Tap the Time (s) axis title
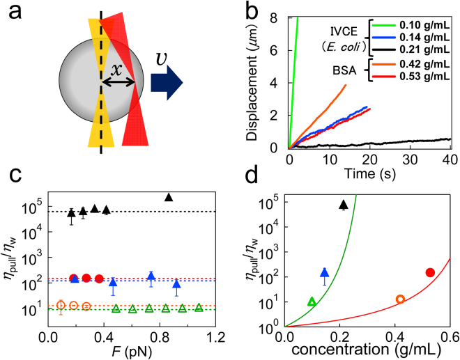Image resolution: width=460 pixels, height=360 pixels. point(369,171)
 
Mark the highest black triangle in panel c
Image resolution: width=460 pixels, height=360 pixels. point(168,198)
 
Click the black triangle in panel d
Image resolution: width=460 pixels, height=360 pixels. point(343,205)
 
